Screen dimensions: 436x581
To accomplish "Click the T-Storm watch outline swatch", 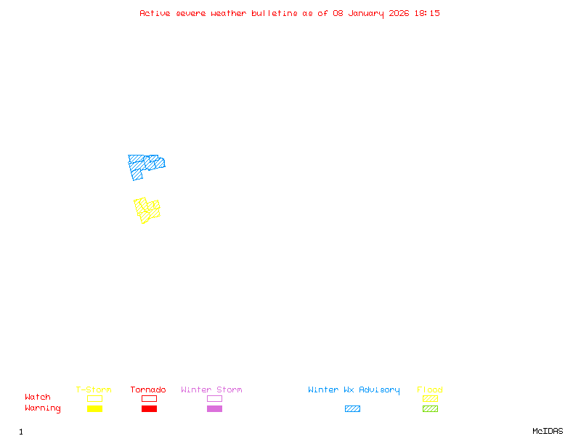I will point(94,398).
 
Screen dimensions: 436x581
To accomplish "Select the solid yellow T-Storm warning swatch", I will point(94,409).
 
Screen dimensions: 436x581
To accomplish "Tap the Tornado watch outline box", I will point(149,398).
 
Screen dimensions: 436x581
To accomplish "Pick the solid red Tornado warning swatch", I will point(149,409).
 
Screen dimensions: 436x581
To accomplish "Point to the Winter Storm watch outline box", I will point(214,398).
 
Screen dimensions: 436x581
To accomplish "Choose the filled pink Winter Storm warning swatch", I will point(214,409).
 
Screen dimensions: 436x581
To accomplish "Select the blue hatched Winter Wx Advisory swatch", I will point(352,409).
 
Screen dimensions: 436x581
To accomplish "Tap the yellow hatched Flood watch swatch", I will point(430,398).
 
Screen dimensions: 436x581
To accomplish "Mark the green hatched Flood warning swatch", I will point(430,409).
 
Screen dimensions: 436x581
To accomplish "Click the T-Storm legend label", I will point(94,390).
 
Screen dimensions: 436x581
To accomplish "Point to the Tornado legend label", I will point(148,390).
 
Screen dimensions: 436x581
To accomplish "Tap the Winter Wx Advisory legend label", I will point(354,390).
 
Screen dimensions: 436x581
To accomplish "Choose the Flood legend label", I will point(430,390).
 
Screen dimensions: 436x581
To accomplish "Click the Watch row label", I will point(38,397).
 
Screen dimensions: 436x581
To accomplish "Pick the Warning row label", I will point(43,408).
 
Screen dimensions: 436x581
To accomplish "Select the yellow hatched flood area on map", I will point(147,209).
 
